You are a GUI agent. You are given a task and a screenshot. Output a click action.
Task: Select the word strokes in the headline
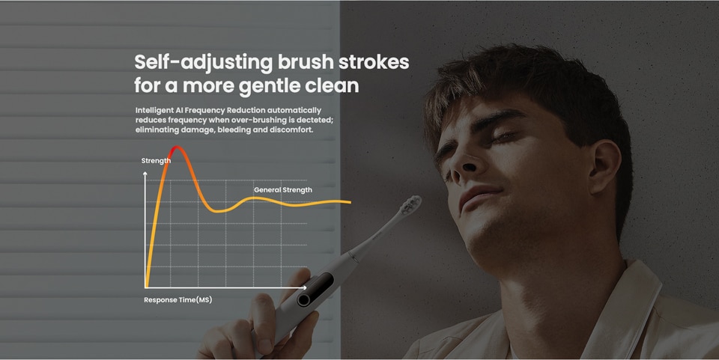click(373, 62)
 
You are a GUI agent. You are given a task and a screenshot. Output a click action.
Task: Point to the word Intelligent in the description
click(154, 110)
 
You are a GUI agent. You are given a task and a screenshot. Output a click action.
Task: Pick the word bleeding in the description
click(234, 130)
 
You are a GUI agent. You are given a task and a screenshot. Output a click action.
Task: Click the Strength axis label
click(156, 161)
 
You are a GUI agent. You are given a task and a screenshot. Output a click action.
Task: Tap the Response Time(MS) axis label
click(178, 300)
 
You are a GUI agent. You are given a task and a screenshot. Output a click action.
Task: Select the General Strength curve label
click(283, 189)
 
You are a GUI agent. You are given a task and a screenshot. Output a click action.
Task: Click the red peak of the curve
click(176, 147)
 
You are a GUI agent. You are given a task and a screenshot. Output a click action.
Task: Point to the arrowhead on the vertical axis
click(145, 174)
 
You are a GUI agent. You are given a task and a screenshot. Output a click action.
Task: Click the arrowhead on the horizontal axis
click(304, 287)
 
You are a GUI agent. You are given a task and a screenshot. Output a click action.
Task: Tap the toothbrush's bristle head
click(410, 205)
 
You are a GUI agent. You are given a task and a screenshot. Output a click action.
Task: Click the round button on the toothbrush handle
click(303, 300)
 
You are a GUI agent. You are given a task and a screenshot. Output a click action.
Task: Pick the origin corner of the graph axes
click(145, 287)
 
